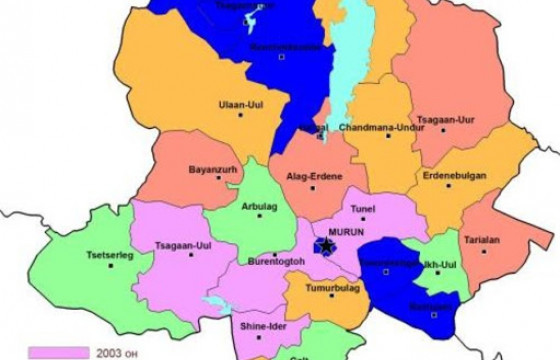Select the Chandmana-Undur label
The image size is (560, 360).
click(381, 128)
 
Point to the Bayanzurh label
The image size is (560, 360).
click(211, 169)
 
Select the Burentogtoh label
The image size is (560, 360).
click(274, 262)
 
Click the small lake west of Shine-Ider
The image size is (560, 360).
click(213, 302)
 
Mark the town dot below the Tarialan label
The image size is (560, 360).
click(484, 251)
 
